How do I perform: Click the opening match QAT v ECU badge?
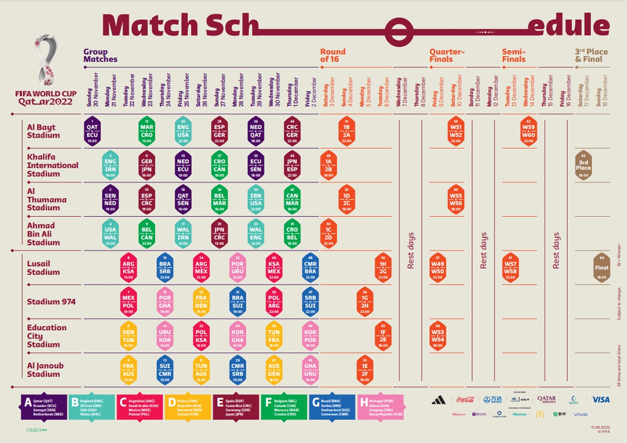point(92,131)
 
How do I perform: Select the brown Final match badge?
point(601,268)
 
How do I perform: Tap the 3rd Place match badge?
point(583,166)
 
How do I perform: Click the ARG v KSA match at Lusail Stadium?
point(128,268)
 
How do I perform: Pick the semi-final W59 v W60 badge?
point(528,131)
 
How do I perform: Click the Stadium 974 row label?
point(51,302)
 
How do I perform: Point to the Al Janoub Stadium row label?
point(45,370)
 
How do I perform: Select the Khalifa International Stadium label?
point(52,166)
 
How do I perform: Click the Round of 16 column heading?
point(333,55)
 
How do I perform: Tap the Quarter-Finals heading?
point(447,55)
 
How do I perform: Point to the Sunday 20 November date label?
point(93,90)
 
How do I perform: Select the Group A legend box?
point(44,407)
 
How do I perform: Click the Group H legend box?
point(382,407)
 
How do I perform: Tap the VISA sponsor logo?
point(600,400)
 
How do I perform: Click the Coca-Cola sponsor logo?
point(465,400)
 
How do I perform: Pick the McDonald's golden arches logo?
point(540,414)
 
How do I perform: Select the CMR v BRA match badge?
point(310,268)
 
